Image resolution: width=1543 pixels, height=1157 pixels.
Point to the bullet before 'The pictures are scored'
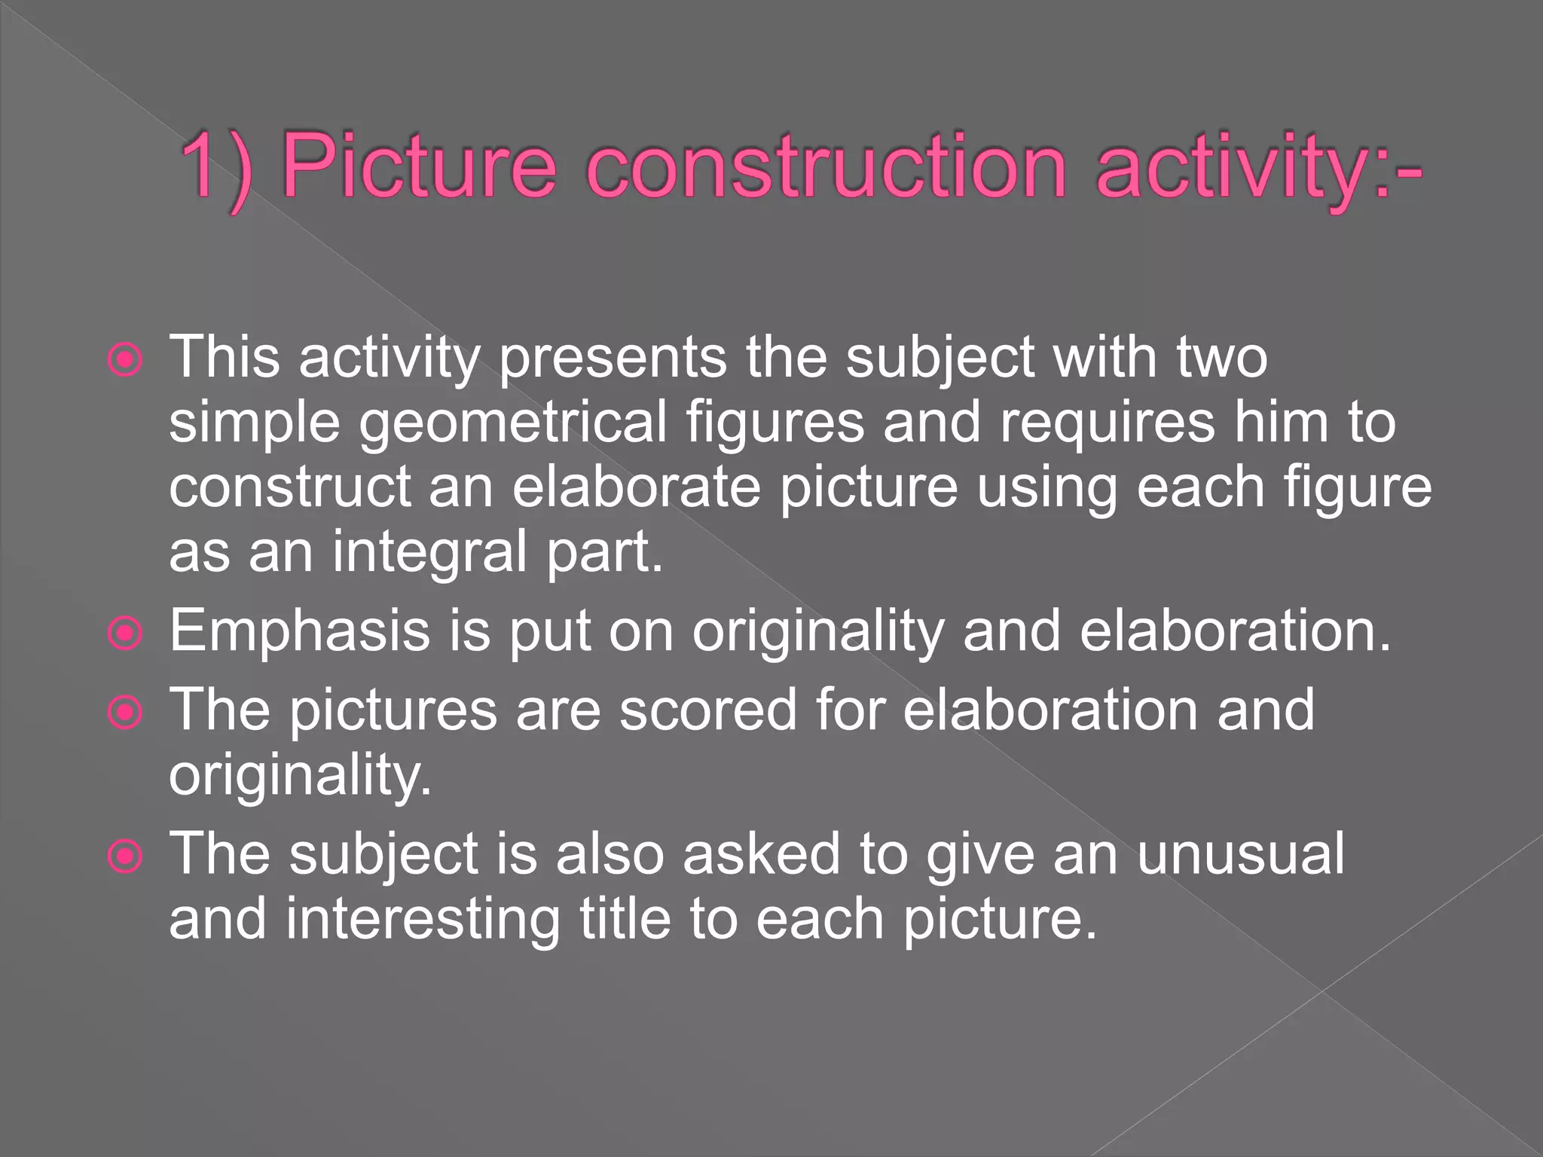pos(125,712)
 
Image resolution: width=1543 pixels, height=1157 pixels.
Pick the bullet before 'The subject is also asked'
pos(125,856)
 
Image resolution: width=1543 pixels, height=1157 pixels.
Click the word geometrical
pos(512,423)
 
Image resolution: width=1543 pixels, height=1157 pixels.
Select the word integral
pos(429,551)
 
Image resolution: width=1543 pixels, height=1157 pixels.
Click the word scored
pos(707,710)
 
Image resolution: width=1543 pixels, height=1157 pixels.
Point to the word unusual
pos(1240,854)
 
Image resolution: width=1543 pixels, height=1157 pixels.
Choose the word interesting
pos(423,920)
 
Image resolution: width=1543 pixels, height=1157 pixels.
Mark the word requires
pos(1108,422)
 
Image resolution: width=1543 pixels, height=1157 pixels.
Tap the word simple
pos(255,423)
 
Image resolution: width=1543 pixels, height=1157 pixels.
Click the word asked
pos(761,854)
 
